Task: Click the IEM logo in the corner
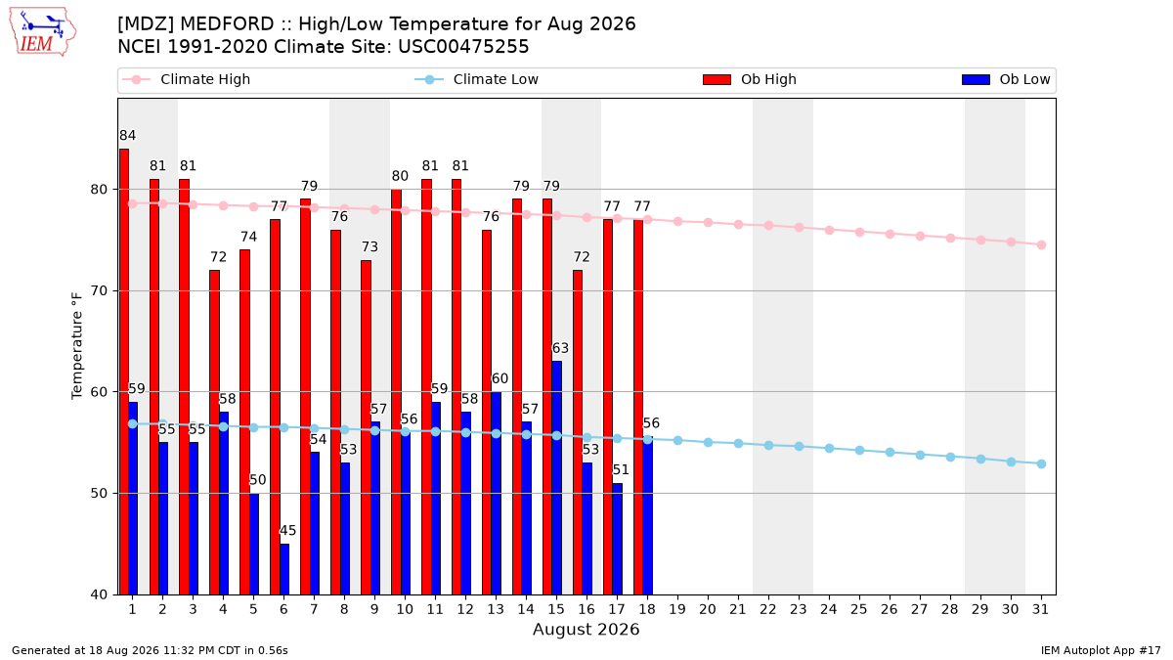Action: pyautogui.click(x=43, y=32)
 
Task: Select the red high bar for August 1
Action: pyautogui.click(x=124, y=372)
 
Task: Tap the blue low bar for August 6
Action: pyautogui.click(x=284, y=569)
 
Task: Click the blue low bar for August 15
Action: pyautogui.click(x=557, y=478)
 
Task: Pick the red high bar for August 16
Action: pyautogui.click(x=578, y=432)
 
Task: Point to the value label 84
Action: pyautogui.click(x=128, y=136)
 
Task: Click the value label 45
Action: pyautogui.click(x=288, y=531)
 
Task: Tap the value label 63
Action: pyautogui.click(x=560, y=348)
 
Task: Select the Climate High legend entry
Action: pyautogui.click(x=187, y=79)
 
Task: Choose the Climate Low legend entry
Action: pyautogui.click(x=477, y=79)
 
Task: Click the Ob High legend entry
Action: pyautogui.click(x=750, y=79)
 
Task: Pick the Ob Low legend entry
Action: pyautogui.click(x=1006, y=79)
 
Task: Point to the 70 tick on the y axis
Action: pyautogui.click(x=99, y=290)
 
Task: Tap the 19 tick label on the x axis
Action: pyautogui.click(x=677, y=610)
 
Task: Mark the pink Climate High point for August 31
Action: pyautogui.click(x=1041, y=245)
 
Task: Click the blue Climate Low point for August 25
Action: pyautogui.click(x=859, y=451)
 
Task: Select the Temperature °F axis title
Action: pyautogui.click(x=77, y=346)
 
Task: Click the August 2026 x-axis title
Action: pyautogui.click(x=586, y=629)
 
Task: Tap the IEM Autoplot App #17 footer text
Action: pyautogui.click(x=1101, y=650)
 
